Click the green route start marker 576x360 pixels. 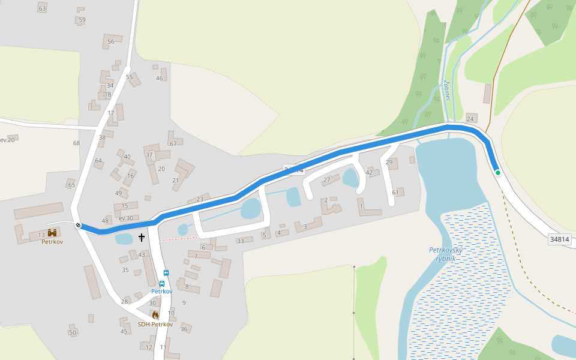point(498,173)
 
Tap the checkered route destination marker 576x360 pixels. point(78,226)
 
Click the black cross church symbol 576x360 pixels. point(142,238)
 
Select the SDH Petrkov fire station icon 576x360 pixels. point(155,315)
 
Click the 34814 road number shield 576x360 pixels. point(559,239)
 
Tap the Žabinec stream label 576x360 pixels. point(446,91)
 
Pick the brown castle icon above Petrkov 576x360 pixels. point(52,233)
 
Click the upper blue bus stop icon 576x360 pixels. point(166,273)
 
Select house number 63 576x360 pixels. point(42,8)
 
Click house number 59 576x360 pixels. point(82,20)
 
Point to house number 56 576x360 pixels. point(111,41)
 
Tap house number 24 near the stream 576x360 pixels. point(470,119)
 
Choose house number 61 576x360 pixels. point(395,192)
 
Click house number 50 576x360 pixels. point(73,332)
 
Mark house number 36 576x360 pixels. point(184,329)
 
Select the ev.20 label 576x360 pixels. point(7,140)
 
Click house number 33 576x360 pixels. point(241,241)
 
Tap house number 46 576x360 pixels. point(160,78)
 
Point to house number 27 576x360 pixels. point(327,180)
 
